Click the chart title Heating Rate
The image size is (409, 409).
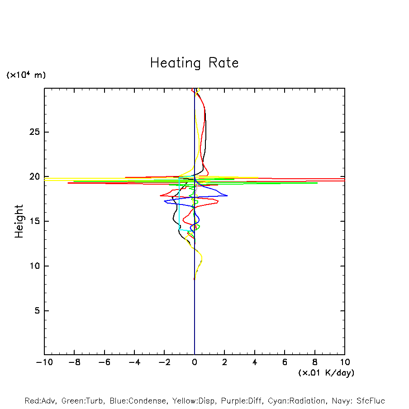(x=194, y=63)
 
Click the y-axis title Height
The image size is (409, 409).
(x=19, y=221)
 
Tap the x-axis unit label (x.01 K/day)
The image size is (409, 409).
(x=326, y=373)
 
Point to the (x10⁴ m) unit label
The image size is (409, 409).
(x=26, y=75)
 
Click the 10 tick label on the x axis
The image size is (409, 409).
(x=345, y=362)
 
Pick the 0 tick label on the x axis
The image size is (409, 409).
(x=195, y=362)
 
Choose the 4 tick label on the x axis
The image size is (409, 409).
(x=255, y=362)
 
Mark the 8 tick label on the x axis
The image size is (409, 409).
(x=315, y=362)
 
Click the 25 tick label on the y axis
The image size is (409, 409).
(x=33, y=132)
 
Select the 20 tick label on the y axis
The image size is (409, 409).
(x=33, y=177)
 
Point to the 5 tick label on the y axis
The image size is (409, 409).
(x=35, y=311)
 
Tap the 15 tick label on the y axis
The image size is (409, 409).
(x=33, y=221)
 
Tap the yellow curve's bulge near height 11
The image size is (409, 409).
(x=202, y=258)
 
